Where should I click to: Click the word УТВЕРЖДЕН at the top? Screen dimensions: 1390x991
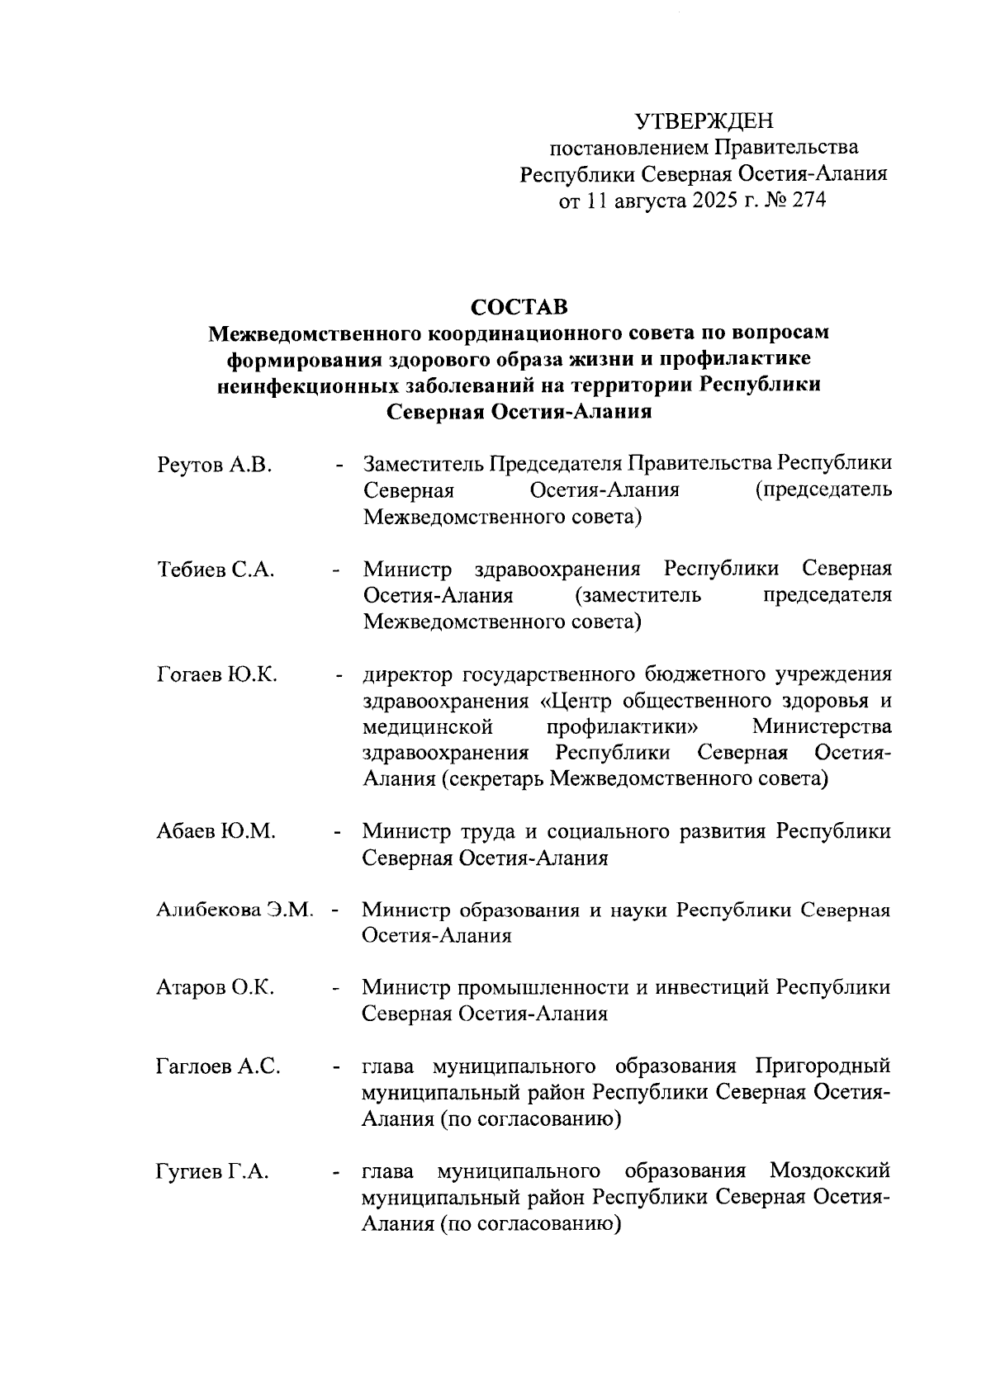704,122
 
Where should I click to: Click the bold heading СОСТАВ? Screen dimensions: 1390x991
519,307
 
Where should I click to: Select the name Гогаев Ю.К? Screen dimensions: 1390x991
217,674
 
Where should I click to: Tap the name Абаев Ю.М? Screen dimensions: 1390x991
216,831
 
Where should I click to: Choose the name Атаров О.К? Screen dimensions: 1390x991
216,987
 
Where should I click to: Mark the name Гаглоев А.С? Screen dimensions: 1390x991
218,1066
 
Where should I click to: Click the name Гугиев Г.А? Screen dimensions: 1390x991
212,1171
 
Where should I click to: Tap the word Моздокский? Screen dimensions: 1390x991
829,1171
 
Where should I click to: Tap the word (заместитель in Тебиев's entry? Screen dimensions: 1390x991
636,596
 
